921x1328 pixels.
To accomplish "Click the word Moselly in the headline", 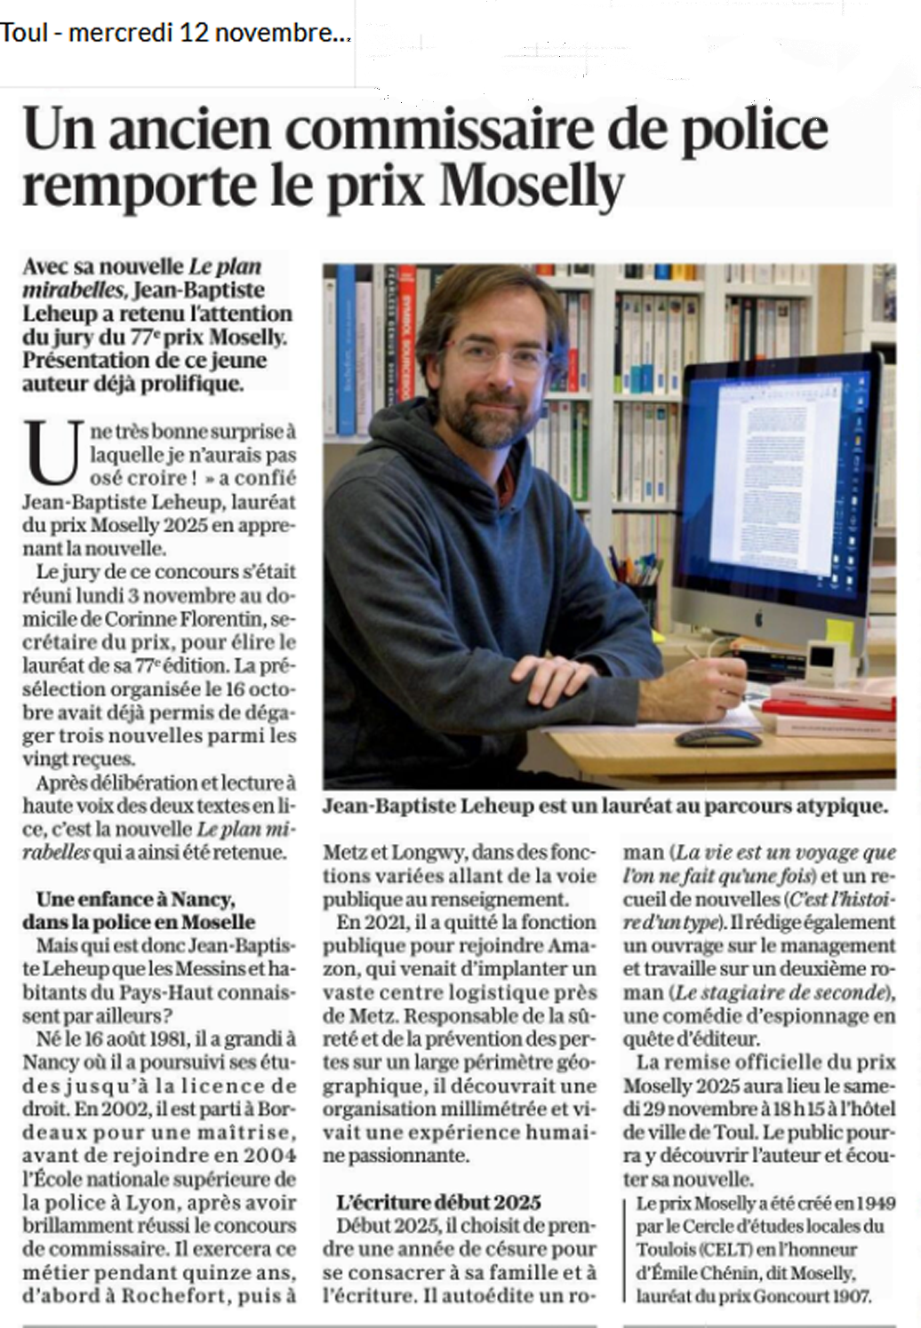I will click(533, 186).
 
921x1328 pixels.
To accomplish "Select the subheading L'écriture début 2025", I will click(438, 1202).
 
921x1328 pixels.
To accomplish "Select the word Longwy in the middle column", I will click(428, 852).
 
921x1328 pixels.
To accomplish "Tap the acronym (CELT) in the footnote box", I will click(725, 1250).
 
